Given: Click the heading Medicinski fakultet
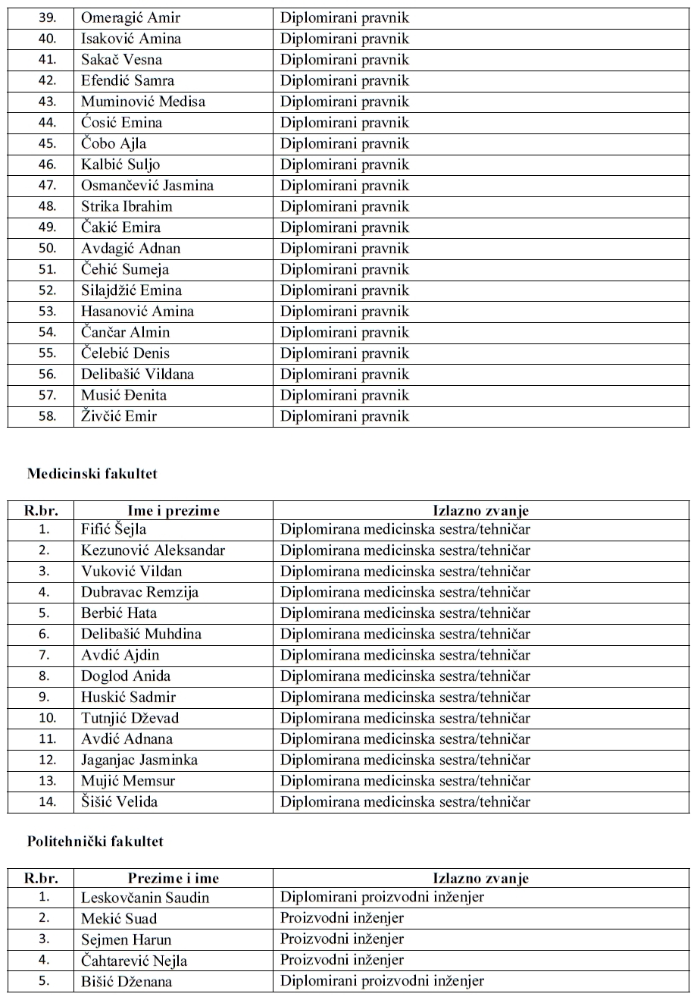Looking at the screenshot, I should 92,474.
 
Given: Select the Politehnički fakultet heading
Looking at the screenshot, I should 95,842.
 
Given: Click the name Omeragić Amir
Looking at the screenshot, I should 131,17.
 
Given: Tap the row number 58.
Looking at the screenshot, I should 47,415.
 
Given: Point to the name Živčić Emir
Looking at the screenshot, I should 119,415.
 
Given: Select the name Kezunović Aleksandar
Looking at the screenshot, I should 153,550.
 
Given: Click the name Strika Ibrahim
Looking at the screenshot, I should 127,206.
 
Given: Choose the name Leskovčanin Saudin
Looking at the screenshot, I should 145,898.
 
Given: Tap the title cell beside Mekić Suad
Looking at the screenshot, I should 342,919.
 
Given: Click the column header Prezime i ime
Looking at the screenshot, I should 173,879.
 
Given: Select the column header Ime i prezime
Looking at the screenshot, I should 173,511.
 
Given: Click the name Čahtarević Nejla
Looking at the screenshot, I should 134,961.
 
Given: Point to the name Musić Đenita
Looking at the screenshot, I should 123,395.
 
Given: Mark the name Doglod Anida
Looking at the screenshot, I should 126,676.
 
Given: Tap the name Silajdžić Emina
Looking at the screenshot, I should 131,290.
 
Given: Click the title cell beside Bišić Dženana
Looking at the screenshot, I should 382,981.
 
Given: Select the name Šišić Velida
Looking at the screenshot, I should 120,801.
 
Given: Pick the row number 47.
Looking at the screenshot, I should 47,186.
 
